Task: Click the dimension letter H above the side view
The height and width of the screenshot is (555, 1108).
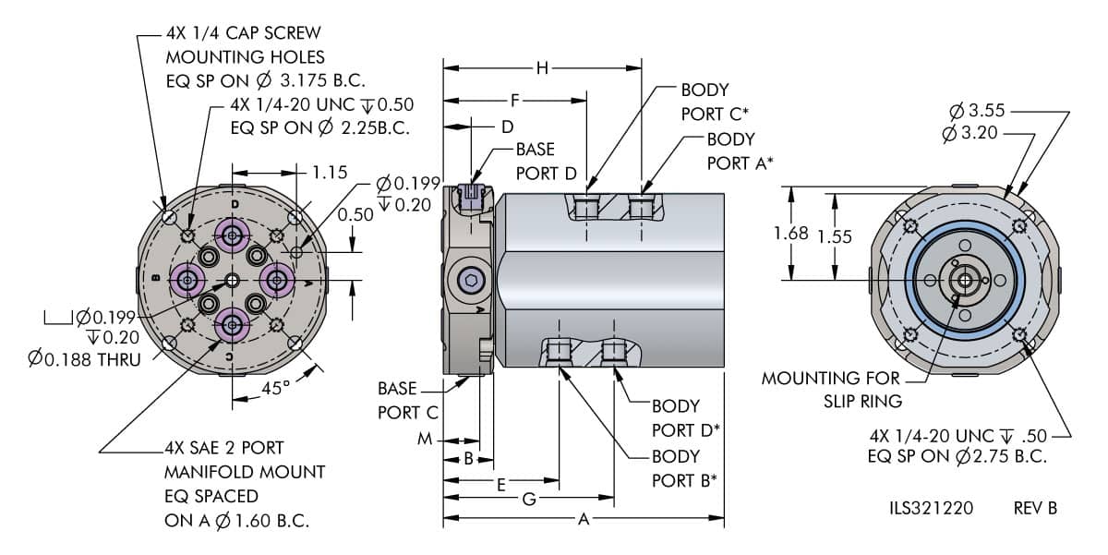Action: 542,67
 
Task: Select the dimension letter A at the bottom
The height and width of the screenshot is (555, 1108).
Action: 584,520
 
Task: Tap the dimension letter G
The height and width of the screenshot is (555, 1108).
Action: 529,500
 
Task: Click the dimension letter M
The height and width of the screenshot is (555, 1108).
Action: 425,440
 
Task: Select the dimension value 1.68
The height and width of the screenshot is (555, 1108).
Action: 791,235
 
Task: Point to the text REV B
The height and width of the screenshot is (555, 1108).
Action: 1035,508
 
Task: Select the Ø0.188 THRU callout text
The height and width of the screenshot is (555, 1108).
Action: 85,358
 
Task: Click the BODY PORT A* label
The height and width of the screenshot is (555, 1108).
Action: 740,151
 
